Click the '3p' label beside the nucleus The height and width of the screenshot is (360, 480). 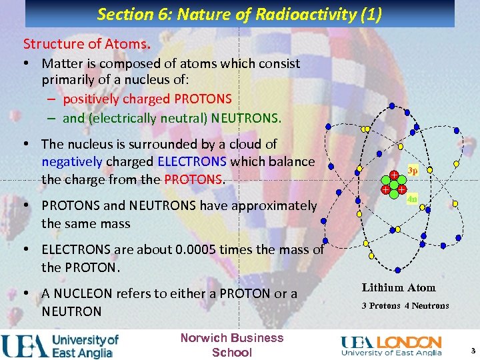tap(413, 171)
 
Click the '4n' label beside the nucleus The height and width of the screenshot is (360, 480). tap(412, 198)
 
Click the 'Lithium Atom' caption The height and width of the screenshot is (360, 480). tap(399, 288)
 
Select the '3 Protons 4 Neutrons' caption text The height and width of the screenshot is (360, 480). tap(405, 306)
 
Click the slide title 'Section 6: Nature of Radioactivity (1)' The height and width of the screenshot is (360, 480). tap(239, 14)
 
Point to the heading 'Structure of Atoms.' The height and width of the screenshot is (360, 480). tap(87, 44)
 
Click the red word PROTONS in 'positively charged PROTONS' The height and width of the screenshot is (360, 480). tap(203, 99)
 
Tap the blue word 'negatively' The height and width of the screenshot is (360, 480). tap(71, 161)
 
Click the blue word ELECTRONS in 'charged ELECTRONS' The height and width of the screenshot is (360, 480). tap(193, 161)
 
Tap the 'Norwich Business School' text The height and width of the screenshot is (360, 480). tap(232, 345)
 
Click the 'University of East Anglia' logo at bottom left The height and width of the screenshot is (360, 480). tap(60, 345)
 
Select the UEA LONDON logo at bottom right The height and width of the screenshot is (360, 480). tap(391, 345)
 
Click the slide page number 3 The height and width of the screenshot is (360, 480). tap(473, 351)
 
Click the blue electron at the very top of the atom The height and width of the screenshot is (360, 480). tap(392, 106)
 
